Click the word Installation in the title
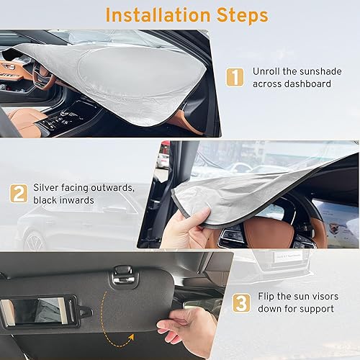point(150,14)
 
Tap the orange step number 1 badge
point(235,77)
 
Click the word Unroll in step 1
point(266,71)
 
